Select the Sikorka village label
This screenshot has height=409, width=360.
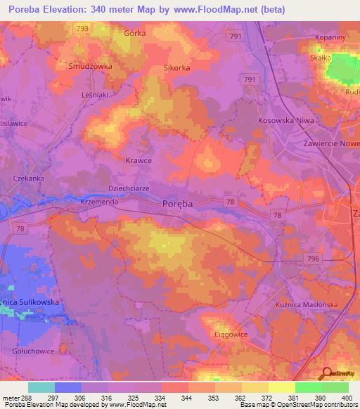click(177, 68)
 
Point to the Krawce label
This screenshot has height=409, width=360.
click(139, 160)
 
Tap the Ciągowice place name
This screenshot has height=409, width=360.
click(231, 335)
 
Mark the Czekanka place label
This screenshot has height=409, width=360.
click(29, 178)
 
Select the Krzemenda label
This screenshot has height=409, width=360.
click(98, 201)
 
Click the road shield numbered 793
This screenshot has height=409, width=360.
click(83, 28)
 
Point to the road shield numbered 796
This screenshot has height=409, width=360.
click(313, 259)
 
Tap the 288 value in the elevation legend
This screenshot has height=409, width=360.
click(22, 397)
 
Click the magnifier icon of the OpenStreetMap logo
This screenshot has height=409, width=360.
click(326, 373)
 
